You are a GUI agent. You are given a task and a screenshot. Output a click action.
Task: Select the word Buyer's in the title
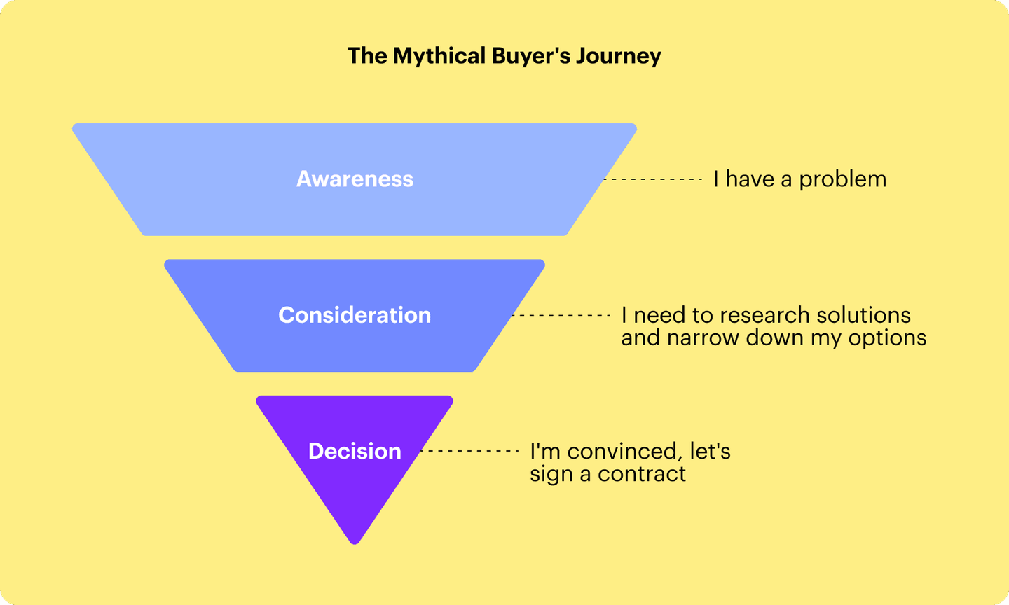[531, 56]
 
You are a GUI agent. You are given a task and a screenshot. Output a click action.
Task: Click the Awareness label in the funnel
[355, 179]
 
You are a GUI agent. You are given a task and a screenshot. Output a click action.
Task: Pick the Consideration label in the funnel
[355, 315]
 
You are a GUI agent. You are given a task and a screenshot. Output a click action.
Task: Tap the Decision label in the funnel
[355, 451]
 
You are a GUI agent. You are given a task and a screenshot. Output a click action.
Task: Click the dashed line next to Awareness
[653, 180]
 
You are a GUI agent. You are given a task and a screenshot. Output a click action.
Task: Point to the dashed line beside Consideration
[561, 316]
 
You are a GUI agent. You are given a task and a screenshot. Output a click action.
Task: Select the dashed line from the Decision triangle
[469, 452]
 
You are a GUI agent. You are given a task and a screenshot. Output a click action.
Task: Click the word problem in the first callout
[842, 180]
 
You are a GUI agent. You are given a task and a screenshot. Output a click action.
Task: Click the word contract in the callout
[642, 474]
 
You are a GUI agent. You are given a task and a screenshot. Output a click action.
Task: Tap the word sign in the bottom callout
[551, 475]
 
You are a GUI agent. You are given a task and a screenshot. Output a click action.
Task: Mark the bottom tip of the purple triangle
[355, 542]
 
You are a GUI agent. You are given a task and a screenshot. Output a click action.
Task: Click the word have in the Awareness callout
[750, 179]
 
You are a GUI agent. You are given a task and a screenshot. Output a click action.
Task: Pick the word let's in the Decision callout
[710, 451]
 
